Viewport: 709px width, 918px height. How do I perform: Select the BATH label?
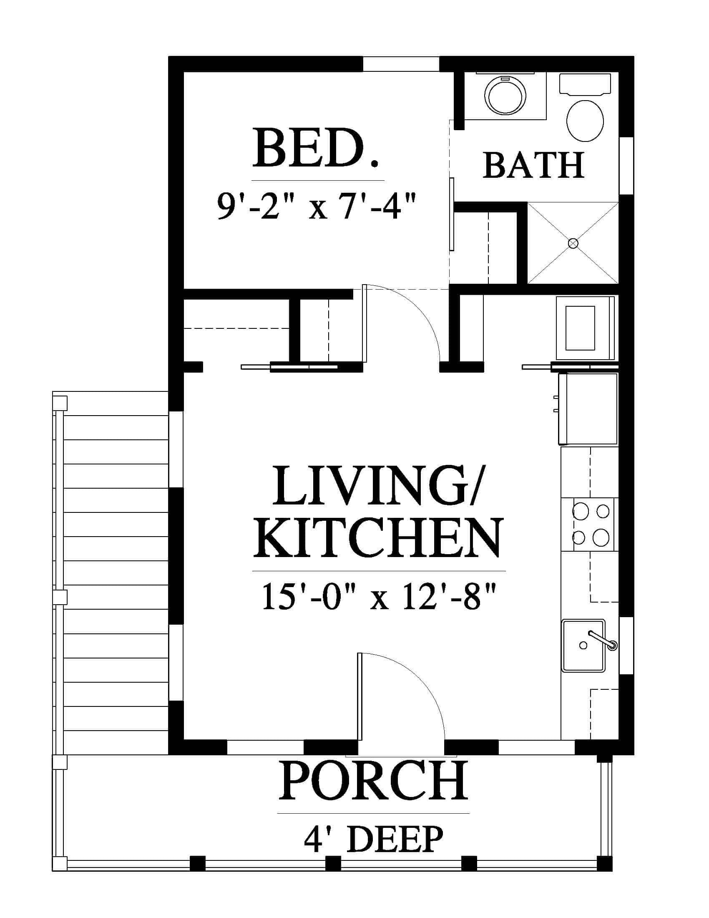533,165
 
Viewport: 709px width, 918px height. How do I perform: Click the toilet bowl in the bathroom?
585,121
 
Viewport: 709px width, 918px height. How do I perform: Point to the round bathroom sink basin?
505,96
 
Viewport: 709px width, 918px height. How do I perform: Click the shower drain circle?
573,243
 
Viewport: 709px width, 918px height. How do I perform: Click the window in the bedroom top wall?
401,63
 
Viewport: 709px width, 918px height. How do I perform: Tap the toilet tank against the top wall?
585,84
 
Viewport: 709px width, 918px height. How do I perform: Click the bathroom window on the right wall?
626,166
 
